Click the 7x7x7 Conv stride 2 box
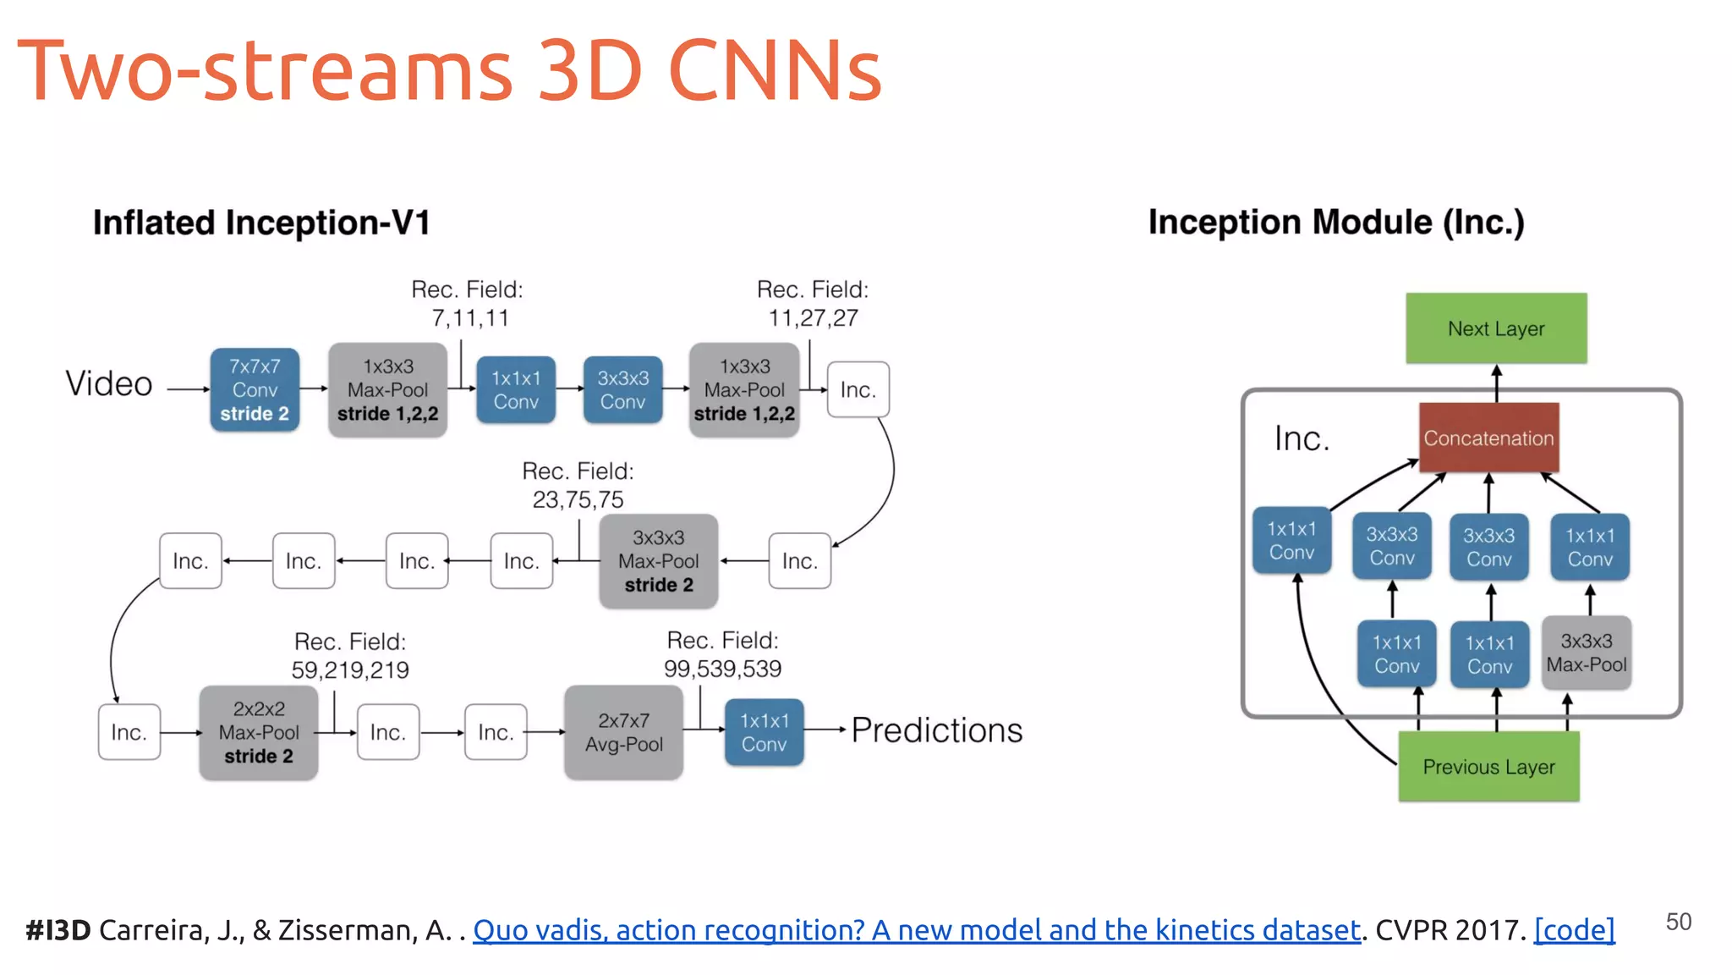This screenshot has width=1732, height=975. (255, 390)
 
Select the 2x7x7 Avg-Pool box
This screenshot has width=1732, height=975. (624, 732)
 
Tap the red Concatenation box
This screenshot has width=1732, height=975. (1488, 438)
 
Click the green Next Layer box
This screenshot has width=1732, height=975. (1496, 328)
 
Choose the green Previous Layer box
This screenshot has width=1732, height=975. (1488, 767)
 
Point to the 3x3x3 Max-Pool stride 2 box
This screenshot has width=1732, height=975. (658, 561)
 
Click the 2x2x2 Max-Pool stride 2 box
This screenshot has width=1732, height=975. (259, 732)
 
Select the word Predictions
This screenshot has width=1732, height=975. (936, 730)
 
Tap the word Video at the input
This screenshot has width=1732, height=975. (109, 384)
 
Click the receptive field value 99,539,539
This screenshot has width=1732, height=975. (722, 669)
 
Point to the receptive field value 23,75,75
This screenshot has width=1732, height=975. (578, 500)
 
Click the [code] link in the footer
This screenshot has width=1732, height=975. (1574, 930)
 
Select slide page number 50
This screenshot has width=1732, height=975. (1678, 922)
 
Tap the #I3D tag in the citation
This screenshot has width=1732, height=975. (58, 930)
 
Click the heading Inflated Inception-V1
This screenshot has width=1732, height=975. (261, 223)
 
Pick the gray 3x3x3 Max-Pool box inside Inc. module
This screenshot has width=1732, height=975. (1587, 653)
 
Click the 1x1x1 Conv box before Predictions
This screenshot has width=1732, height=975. (764, 732)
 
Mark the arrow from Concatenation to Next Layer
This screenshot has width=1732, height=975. (1496, 383)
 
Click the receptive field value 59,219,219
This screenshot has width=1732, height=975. (350, 670)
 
